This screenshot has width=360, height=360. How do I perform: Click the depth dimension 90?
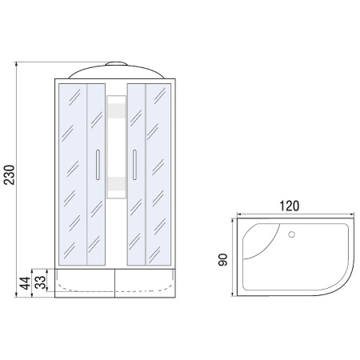click(x=225, y=259)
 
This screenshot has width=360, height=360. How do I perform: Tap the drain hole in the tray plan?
click(x=291, y=234)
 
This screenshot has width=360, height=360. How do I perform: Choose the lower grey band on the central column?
click(x=115, y=185)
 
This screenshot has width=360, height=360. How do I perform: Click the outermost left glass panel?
click(x=70, y=172)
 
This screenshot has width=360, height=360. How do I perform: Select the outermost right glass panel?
click(x=161, y=172)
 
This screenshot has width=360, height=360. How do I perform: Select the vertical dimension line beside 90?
click(x=234, y=259)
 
